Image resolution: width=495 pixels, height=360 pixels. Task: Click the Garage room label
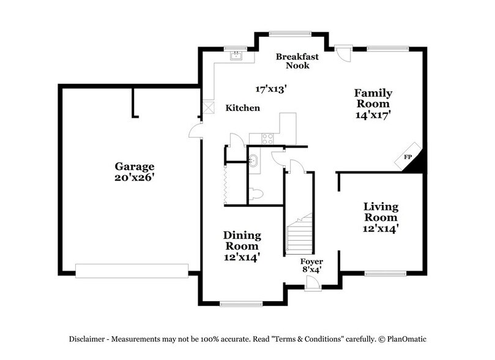pyautogui.click(x=135, y=166)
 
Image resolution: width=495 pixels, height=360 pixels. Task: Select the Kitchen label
pyautogui.click(x=243, y=108)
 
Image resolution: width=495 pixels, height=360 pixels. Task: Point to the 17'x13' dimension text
pyautogui.click(x=272, y=89)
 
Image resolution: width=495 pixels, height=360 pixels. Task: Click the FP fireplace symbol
pyautogui.click(x=408, y=157)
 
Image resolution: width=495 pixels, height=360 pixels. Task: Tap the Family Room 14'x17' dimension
pyautogui.click(x=373, y=113)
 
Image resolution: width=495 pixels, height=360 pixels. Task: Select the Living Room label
pyautogui.click(x=381, y=212)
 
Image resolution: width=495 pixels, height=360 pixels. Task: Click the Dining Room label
pyautogui.click(x=242, y=241)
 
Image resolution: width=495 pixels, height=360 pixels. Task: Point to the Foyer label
pyautogui.click(x=311, y=261)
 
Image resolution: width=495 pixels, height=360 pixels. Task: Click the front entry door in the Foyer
pyautogui.click(x=312, y=282)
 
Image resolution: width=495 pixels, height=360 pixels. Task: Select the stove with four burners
pyautogui.click(x=268, y=138)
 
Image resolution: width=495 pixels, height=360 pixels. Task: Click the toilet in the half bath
pyautogui.click(x=258, y=194)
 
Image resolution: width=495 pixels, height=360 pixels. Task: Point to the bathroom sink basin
pyautogui.click(x=254, y=162)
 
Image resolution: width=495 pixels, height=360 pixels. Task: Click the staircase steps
pyautogui.click(x=299, y=236)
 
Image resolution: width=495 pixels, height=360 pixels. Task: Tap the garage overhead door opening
pyautogui.click(x=132, y=270)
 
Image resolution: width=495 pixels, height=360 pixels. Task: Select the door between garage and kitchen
pyautogui.click(x=196, y=129)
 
